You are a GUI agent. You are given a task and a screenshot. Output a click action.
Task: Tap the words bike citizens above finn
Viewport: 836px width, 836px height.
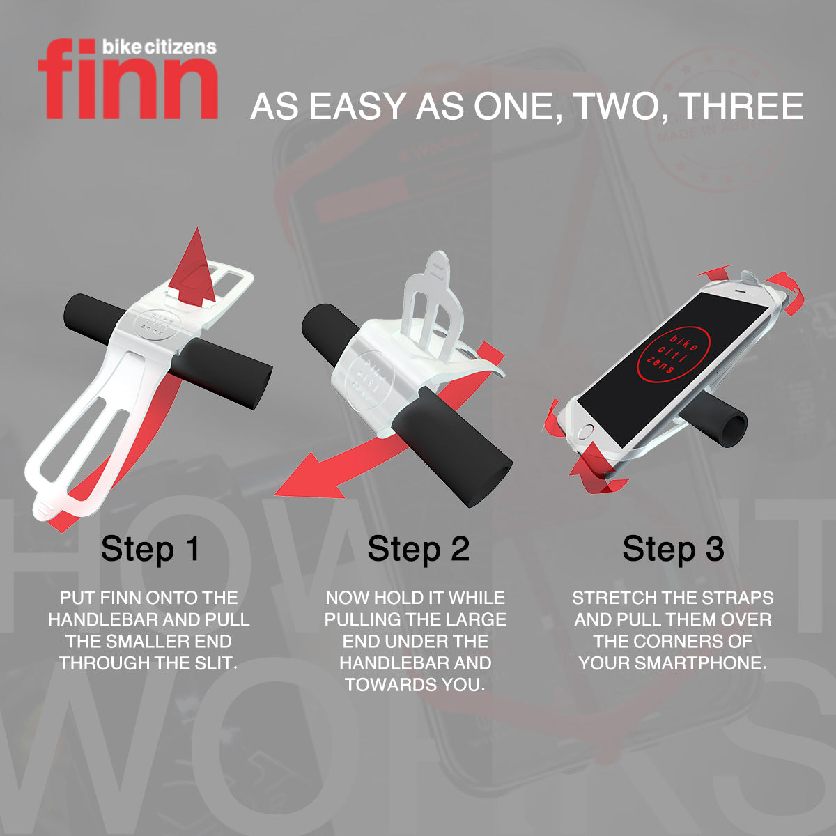tap(159, 47)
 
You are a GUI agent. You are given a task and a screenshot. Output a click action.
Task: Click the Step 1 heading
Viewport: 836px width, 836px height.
tap(150, 549)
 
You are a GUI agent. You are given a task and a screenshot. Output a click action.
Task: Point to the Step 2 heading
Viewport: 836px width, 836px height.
tap(418, 549)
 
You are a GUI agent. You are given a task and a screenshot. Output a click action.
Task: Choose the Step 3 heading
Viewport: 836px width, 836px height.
tap(673, 549)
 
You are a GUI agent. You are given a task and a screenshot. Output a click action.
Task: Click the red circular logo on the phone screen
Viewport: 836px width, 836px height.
tap(673, 355)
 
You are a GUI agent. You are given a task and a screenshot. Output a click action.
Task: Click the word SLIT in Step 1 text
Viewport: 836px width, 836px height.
tap(215, 663)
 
